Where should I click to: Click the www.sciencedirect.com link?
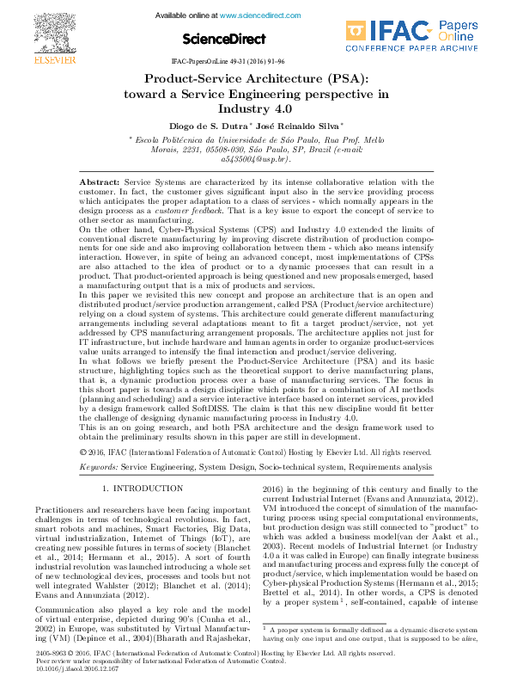click(260, 15)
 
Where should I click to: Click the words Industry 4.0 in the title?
click(255, 109)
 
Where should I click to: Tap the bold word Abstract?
click(100, 182)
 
